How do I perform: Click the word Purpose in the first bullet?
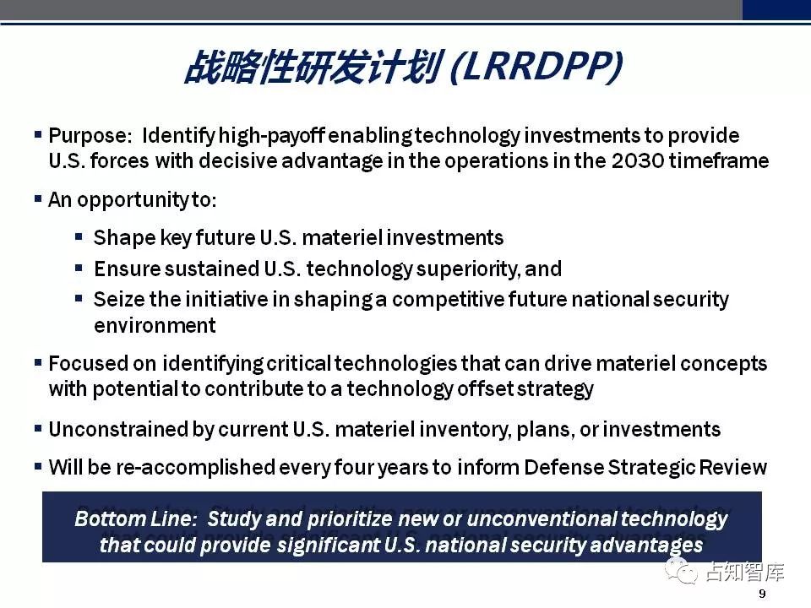tap(87, 137)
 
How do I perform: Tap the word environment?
tap(155, 326)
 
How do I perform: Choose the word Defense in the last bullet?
tap(563, 467)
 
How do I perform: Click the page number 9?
tap(762, 594)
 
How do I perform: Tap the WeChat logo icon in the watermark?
tap(681, 571)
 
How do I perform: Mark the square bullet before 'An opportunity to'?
tap(38, 198)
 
